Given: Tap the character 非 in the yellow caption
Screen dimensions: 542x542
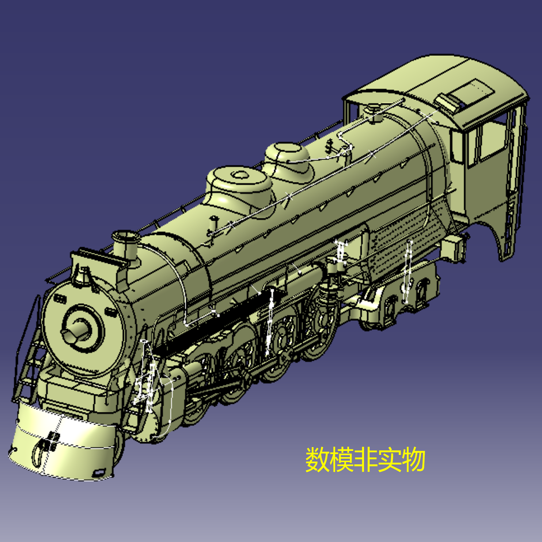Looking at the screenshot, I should click(x=365, y=459).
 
